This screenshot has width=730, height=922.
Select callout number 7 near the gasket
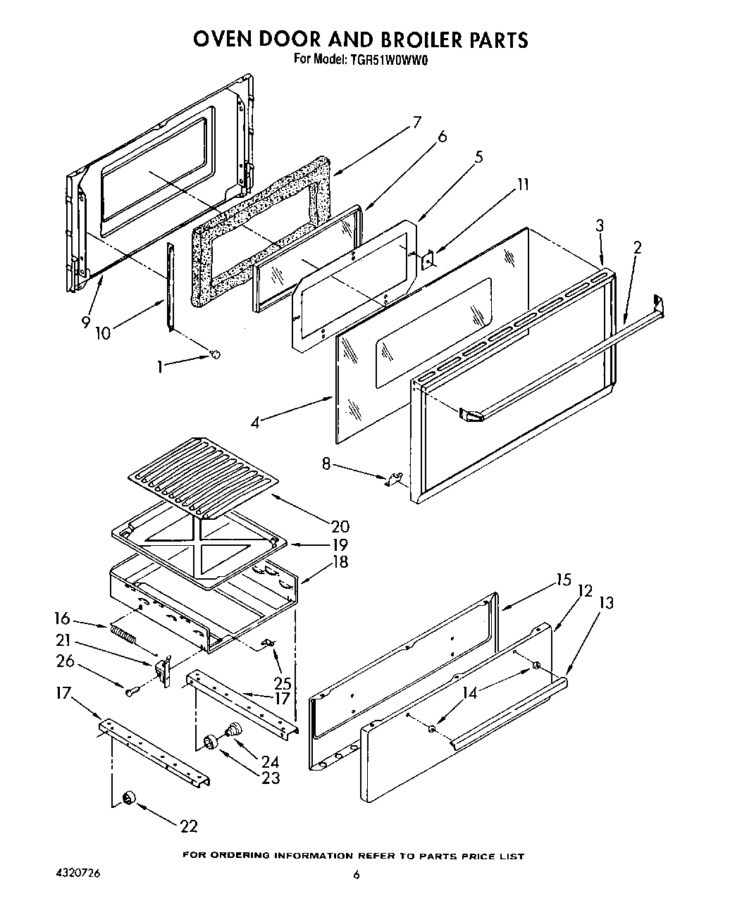416,123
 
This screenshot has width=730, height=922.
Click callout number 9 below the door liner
85,322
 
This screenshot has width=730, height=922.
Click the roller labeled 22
129,797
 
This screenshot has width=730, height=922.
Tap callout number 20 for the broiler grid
340,526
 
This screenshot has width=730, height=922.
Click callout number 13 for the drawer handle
606,603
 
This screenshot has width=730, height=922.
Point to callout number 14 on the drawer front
469,693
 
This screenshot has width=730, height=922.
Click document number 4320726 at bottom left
78,873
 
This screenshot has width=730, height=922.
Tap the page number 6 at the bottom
357,875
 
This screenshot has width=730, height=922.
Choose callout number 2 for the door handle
637,247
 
